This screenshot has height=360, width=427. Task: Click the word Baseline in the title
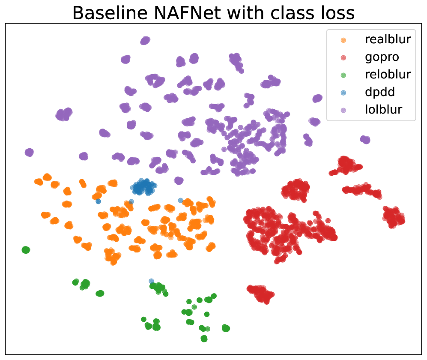click(110, 13)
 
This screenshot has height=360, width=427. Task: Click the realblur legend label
click(388, 39)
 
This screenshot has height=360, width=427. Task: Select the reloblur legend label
click(388, 75)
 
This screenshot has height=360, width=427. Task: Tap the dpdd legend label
click(380, 93)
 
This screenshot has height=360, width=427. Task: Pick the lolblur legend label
click(383, 110)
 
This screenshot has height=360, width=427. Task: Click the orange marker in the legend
click(343, 40)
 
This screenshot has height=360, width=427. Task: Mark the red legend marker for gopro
click(343, 58)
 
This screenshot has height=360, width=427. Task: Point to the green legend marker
click(343, 75)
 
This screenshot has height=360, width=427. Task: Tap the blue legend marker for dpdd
click(343, 93)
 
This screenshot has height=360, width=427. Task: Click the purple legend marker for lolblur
click(343, 111)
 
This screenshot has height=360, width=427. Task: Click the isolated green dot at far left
click(26, 249)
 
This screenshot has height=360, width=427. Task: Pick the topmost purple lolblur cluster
click(145, 41)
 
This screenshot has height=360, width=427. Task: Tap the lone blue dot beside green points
click(151, 281)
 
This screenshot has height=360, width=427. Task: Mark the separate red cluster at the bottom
click(261, 294)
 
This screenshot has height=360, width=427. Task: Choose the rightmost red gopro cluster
click(394, 217)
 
